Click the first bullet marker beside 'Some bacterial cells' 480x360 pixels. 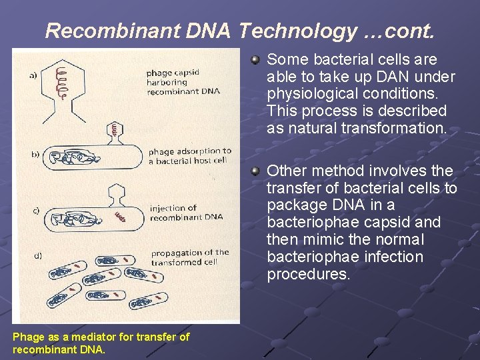tap(255, 61)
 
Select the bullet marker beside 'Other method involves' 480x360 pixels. tap(255, 171)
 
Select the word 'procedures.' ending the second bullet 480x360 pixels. tap(308, 274)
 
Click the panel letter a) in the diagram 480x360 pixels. tap(33, 75)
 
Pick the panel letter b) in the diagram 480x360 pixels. tap(35, 155)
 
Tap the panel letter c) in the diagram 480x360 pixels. tap(35, 211)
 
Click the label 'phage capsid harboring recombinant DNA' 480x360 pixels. tap(182, 81)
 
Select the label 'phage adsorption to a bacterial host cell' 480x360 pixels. tap(189, 156)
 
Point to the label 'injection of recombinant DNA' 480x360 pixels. tap(186, 213)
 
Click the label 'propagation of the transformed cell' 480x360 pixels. tap(189, 257)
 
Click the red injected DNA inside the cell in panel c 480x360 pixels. tap(121, 216)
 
